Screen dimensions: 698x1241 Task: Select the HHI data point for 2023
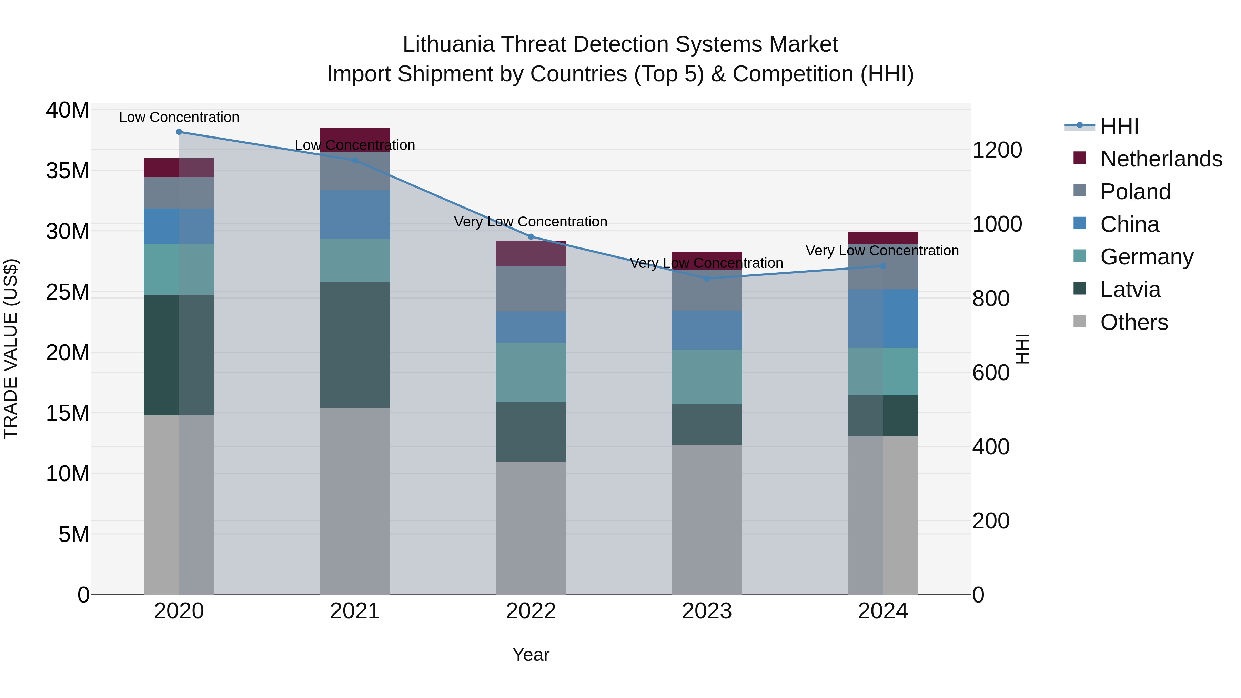pyautogui.click(x=707, y=279)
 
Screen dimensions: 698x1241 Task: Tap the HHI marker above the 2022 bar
pyautogui.click(x=531, y=236)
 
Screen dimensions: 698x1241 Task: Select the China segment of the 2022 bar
pyautogui.click(x=531, y=327)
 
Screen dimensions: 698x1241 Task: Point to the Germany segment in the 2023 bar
pyautogui.click(x=707, y=377)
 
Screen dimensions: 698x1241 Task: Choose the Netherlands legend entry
pyautogui.click(x=1161, y=159)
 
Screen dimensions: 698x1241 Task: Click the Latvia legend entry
pyautogui.click(x=1130, y=290)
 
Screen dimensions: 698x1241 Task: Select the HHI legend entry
pyautogui.click(x=1119, y=126)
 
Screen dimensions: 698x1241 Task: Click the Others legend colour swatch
pyautogui.click(x=1080, y=321)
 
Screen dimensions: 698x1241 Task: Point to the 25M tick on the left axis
pyautogui.click(x=68, y=292)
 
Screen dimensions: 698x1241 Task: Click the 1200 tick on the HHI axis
pyautogui.click(x=997, y=150)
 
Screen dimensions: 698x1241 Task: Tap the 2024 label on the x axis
pyautogui.click(x=882, y=611)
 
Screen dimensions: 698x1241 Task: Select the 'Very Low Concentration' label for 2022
pyautogui.click(x=531, y=222)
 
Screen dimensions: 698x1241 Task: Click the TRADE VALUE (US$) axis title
pyautogui.click(x=11, y=349)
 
